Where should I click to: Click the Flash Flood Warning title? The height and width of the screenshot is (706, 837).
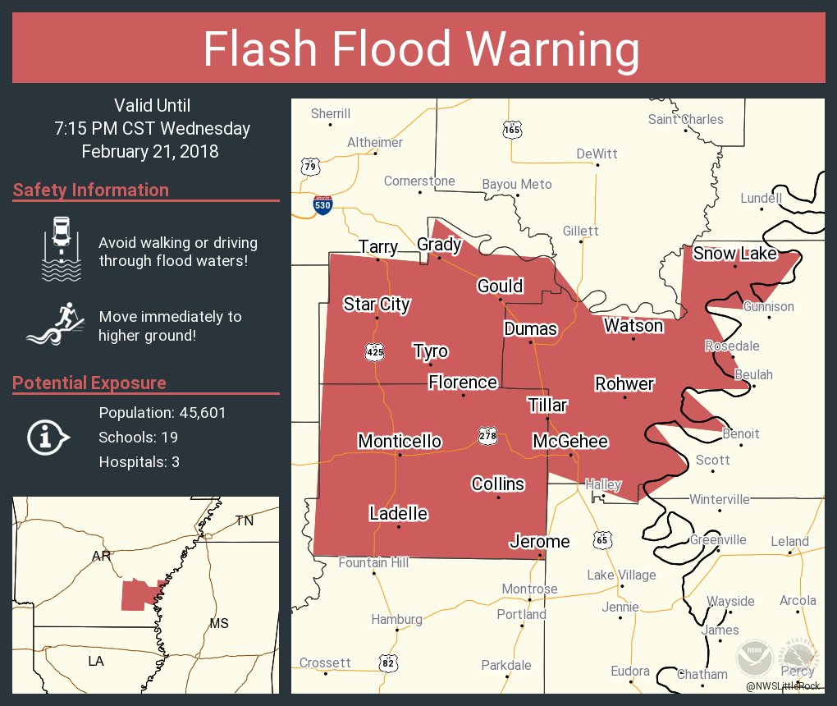421,49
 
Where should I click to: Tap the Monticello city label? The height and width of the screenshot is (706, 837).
400,442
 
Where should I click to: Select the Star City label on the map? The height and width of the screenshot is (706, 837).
376,305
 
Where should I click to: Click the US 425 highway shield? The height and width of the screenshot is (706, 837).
375,352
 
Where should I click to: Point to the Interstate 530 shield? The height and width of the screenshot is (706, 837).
322,205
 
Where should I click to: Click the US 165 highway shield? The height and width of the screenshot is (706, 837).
513,130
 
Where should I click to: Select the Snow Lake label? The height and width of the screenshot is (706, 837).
734,254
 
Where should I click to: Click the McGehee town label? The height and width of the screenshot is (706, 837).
570,442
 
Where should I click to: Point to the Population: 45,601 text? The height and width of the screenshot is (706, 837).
162,412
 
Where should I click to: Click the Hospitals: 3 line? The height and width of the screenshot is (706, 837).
139,462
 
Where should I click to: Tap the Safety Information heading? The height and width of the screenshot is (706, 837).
91,190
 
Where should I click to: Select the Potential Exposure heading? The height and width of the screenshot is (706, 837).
89,383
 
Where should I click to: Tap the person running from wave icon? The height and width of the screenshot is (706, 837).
56,325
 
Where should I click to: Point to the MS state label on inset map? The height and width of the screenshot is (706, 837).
218,623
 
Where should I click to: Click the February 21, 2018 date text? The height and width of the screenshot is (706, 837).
150,151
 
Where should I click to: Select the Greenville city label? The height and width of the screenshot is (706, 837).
718,539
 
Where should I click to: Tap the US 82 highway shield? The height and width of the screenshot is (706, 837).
389,662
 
